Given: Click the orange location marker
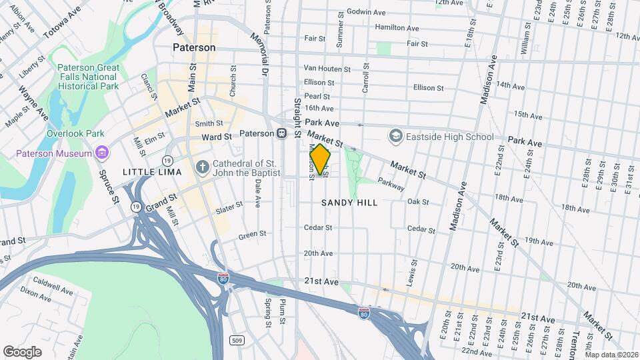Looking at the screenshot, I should pyautogui.click(x=321, y=159).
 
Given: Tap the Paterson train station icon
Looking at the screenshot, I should pyautogui.click(x=282, y=133).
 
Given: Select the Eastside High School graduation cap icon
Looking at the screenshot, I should pyautogui.click(x=396, y=137).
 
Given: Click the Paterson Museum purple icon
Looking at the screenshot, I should pyautogui.click(x=101, y=154).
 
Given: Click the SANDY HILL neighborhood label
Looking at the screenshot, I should pyautogui.click(x=349, y=202).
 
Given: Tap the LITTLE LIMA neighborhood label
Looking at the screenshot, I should pyautogui.click(x=143, y=172).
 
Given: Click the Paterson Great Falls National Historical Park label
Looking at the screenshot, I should pyautogui.click(x=88, y=77).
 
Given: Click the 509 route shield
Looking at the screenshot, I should pyautogui.click(x=237, y=341).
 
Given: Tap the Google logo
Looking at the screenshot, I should pyautogui.click(x=23, y=351).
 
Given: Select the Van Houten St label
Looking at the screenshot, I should pyautogui.click(x=327, y=69).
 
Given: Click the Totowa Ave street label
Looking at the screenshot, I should pyautogui.click(x=61, y=22).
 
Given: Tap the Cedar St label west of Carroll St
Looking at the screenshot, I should pyautogui.click(x=318, y=227).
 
